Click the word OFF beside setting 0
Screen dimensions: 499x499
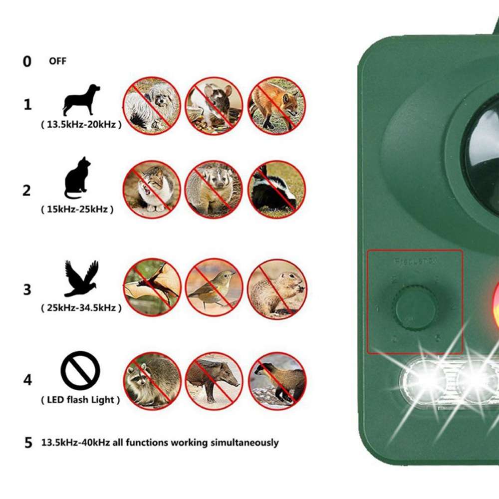(x=57, y=61)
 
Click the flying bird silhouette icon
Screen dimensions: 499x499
(x=81, y=278)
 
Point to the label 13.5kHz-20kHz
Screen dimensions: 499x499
(x=81, y=125)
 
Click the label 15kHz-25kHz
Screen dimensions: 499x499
(x=77, y=209)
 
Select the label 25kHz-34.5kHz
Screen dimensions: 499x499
(x=81, y=308)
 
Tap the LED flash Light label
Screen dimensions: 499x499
(x=80, y=400)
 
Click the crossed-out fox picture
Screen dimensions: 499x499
(x=277, y=105)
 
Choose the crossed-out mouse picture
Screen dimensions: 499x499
(x=214, y=105)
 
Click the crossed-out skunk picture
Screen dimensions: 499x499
(x=277, y=190)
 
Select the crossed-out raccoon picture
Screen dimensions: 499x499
(x=152, y=381)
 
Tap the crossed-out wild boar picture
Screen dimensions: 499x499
(x=214, y=381)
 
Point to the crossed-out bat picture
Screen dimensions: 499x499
(x=152, y=287)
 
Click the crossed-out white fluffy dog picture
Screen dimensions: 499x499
(x=152, y=105)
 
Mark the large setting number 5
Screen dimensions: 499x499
(x=28, y=443)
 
